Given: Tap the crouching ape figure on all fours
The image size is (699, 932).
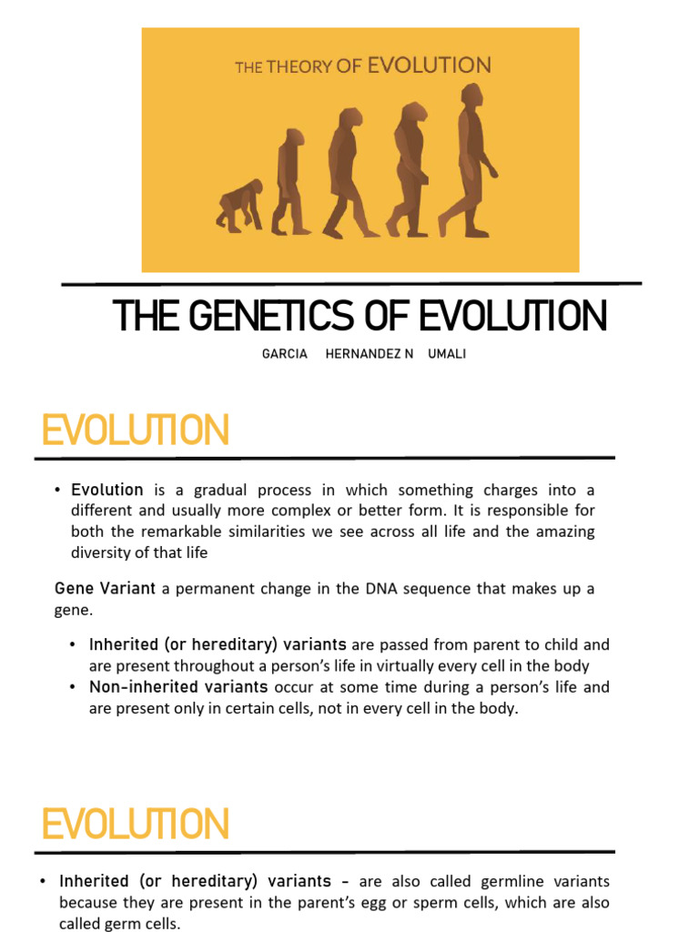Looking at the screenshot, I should coord(239,205).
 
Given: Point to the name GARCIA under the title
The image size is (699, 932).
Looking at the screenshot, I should coord(285,354).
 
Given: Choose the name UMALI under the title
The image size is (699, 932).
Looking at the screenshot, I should coord(447,354).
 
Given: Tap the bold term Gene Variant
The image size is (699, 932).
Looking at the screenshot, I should coord(106,589).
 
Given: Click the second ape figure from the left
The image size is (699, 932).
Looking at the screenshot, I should coord(290,182).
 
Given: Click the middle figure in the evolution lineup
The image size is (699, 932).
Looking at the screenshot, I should coord(345,173).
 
